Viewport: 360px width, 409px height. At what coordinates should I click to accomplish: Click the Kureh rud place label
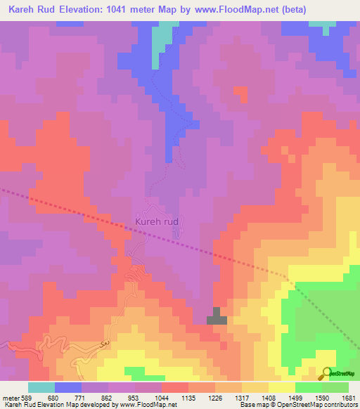pyautogui.click(x=157, y=222)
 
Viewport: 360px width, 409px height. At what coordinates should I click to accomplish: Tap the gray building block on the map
pyautogui.click(x=217, y=317)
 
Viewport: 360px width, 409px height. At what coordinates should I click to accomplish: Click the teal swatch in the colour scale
pyautogui.click(x=41, y=387)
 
